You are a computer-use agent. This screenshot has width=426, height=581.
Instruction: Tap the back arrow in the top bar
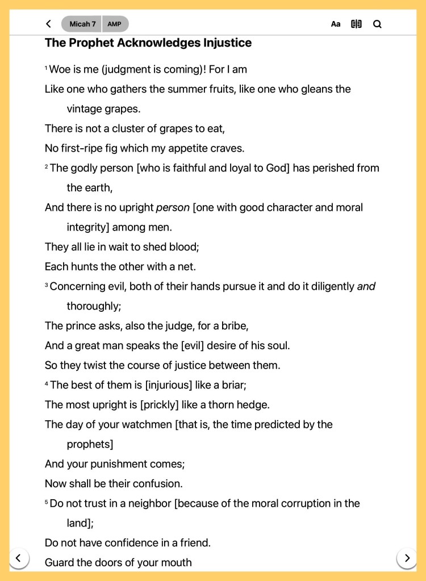[x=48, y=24]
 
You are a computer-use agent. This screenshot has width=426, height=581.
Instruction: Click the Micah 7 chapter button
[x=82, y=24]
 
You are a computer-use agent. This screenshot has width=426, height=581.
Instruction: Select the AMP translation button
[x=115, y=24]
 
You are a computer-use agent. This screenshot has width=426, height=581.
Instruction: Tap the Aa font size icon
[x=336, y=24]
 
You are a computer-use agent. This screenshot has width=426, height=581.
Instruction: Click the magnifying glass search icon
[x=377, y=24]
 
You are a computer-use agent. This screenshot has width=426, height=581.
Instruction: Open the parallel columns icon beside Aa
[x=356, y=24]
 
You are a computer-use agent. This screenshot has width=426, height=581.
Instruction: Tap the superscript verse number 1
[x=47, y=69]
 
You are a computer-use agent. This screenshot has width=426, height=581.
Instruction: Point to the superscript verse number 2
[x=47, y=167]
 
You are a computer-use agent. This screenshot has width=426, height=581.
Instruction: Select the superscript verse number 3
[x=47, y=285]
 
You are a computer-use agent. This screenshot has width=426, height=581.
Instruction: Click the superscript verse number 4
[x=47, y=384]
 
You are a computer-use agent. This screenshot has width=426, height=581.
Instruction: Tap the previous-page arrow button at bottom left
[x=19, y=558]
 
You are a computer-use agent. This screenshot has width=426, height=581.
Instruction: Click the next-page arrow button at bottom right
[x=407, y=558]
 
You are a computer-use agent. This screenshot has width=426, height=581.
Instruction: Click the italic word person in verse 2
[x=173, y=207]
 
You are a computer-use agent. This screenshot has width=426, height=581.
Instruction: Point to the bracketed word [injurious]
[x=169, y=385]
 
